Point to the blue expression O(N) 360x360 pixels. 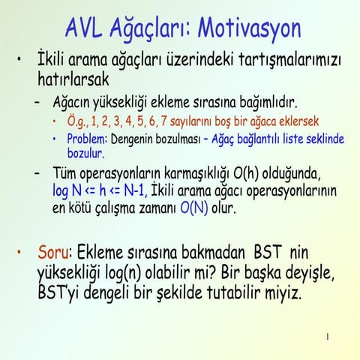193,208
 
